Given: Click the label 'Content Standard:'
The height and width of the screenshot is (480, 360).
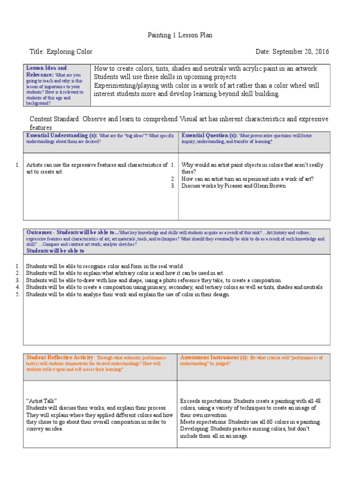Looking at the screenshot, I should point(55,119).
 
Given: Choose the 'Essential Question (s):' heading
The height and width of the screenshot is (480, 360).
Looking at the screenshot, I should point(209,135).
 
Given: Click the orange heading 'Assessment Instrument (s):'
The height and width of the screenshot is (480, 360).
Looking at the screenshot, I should point(214,357).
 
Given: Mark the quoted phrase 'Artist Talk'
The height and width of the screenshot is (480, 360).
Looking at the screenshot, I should point(41,401).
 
